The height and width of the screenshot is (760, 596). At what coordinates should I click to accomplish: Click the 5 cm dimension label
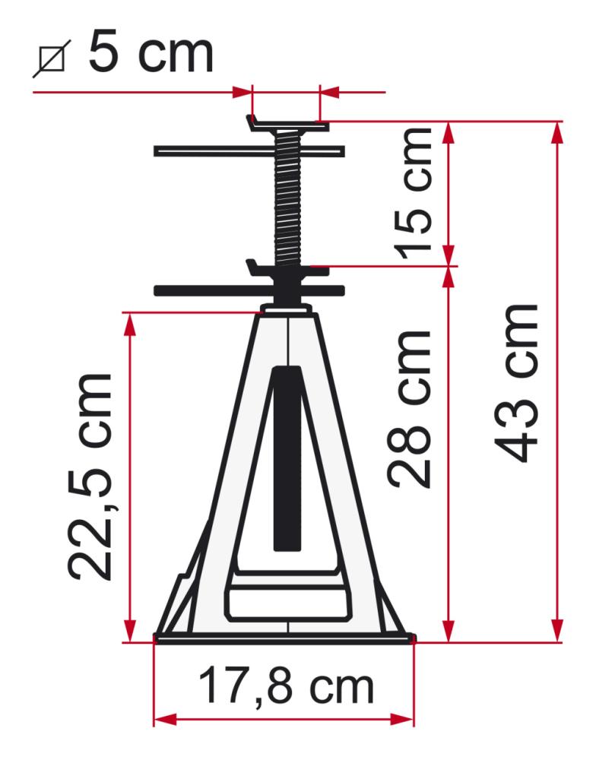coord(151,51)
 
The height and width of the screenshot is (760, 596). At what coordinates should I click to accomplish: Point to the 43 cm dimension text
coord(515,383)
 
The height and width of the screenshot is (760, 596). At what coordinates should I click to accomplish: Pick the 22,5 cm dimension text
coord(90,477)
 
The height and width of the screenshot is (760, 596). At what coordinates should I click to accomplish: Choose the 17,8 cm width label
coord(286,686)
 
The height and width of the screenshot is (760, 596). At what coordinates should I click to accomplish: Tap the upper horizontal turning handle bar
coord(249,151)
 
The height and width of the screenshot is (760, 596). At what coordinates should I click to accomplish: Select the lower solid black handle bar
coord(249,291)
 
